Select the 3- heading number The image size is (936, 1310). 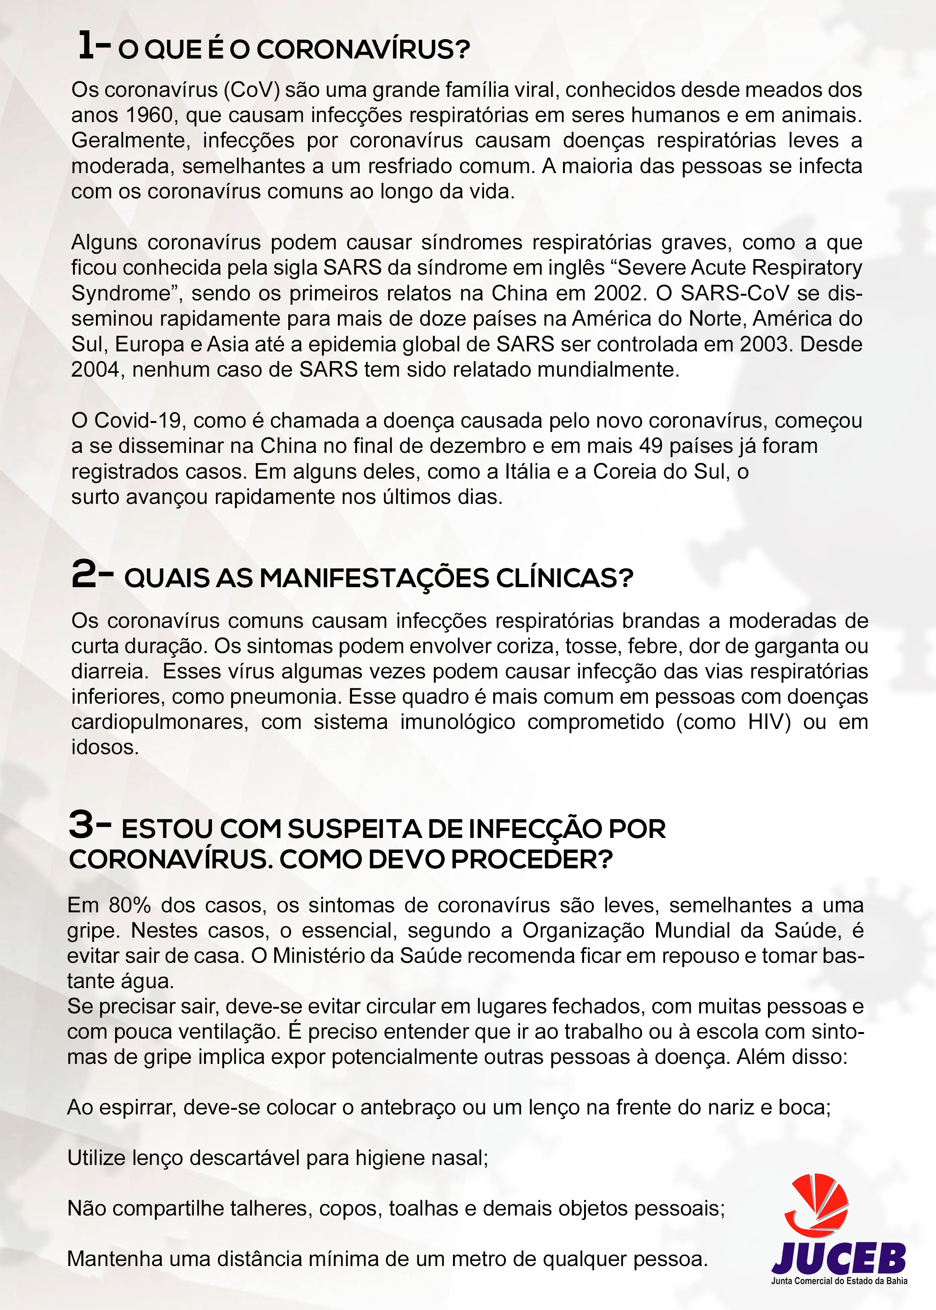[90, 824]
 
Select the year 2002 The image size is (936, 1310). [617, 293]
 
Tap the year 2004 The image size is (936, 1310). [95, 369]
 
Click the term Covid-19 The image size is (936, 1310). [139, 421]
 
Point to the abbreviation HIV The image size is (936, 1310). [764, 722]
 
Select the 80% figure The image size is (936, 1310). [130, 905]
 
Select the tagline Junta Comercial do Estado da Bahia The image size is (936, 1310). [839, 1281]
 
